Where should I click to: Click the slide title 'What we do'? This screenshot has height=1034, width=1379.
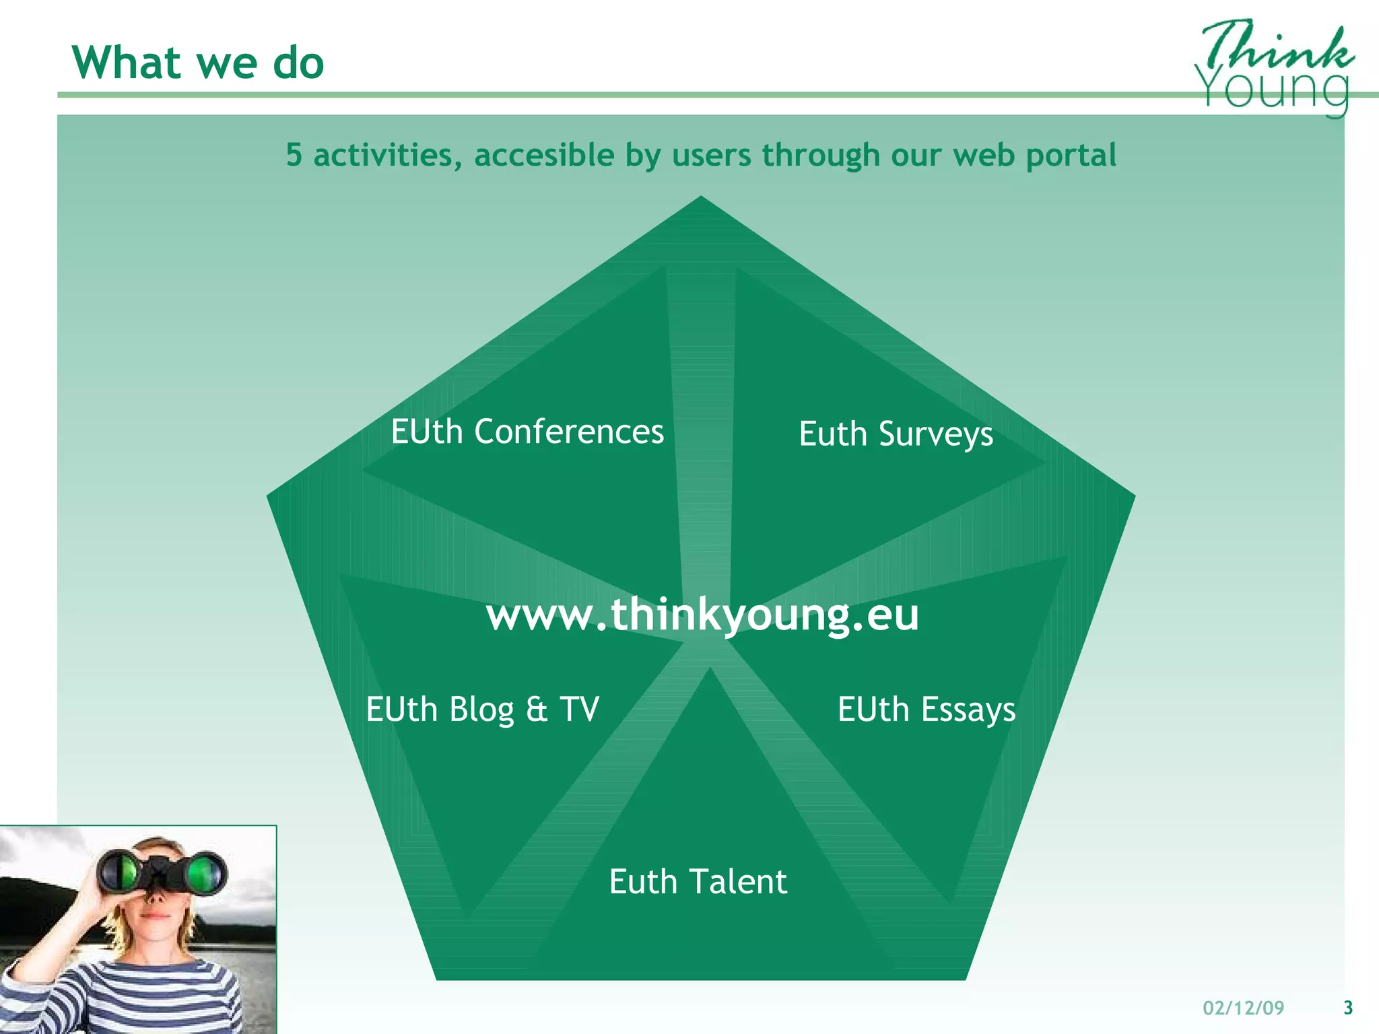tap(198, 63)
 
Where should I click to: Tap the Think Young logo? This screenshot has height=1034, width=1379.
tap(1275, 67)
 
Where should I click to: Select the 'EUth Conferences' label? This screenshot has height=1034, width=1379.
tap(527, 432)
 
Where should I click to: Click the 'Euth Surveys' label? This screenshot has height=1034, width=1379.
tap(896, 434)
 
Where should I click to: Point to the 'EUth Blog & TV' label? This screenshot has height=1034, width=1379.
tap(482, 710)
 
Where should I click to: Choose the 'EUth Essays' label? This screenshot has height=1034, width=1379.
tap(927, 710)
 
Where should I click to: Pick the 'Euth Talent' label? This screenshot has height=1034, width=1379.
tap(698, 882)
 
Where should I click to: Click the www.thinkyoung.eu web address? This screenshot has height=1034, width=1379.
tap(702, 615)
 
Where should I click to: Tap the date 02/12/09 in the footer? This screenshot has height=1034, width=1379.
tap(1244, 1008)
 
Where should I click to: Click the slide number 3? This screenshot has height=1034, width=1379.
tap(1348, 1008)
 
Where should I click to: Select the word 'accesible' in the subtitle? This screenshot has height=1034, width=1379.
tap(544, 156)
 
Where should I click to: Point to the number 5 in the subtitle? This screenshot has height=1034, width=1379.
tap(294, 155)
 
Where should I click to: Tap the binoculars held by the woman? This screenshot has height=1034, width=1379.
tap(162, 872)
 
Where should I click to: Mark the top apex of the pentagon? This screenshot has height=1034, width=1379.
tap(701, 197)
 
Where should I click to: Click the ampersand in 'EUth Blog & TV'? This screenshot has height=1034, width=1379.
tap(537, 710)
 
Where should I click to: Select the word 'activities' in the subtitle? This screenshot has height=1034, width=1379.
tap(388, 156)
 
